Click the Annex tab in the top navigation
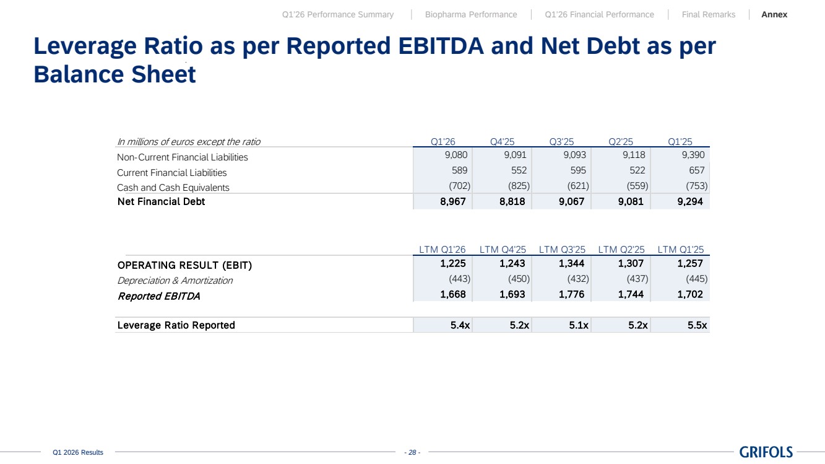(774, 14)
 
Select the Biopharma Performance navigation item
(471, 14)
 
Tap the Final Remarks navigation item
(708, 14)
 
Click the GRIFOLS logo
(766, 452)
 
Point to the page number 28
(412, 452)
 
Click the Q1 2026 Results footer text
(78, 452)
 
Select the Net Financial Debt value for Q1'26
(452, 201)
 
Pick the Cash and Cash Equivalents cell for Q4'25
(519, 186)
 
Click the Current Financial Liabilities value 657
(696, 170)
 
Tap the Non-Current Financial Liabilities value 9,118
(634, 155)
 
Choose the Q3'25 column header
(561, 141)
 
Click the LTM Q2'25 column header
(621, 250)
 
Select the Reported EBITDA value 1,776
(571, 294)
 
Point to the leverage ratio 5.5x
(697, 325)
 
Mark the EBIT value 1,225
(452, 263)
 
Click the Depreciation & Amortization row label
(175, 281)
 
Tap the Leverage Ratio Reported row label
(176, 325)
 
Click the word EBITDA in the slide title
(441, 46)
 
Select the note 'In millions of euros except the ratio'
(189, 142)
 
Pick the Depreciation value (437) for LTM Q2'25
(637, 279)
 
